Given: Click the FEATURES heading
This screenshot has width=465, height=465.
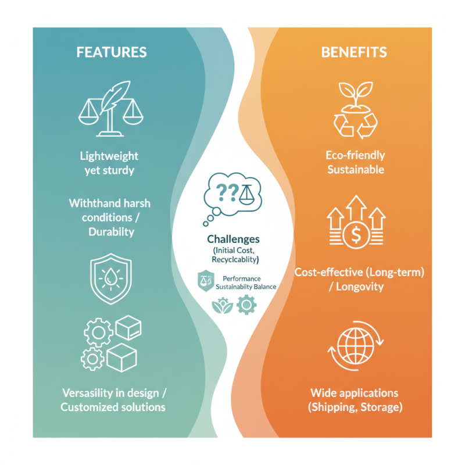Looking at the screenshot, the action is point(112,52).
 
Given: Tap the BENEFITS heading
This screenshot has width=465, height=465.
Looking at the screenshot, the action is point(354,52).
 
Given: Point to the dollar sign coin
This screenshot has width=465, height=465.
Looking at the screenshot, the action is point(356,234).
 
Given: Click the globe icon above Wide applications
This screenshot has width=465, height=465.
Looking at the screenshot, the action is point(356,346).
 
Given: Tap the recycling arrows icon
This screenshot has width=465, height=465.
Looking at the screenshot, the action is point(356,125).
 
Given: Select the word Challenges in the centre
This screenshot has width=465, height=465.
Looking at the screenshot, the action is point(234,239).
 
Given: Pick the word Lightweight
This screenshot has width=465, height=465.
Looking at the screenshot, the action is point(109,156).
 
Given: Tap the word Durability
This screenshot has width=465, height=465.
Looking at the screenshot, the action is point(111,232).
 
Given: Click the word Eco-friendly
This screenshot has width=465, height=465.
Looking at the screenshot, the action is point(355,155).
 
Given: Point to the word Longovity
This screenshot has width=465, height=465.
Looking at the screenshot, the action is point(360,287).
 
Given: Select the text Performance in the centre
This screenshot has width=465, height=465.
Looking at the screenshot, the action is point(242,279).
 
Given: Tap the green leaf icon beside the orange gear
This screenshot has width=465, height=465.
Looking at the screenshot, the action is point(223,306).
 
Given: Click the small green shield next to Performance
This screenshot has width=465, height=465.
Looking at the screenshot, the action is point(206,281).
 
